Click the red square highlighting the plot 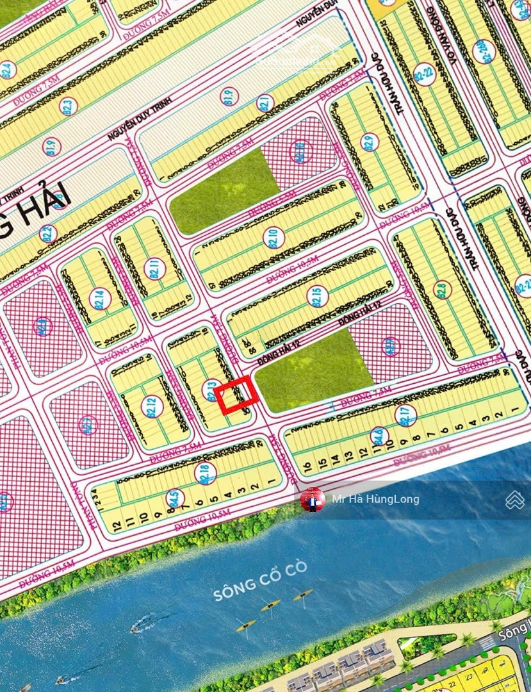point(236,395)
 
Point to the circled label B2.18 point(205,473)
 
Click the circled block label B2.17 point(405,415)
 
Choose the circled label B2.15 point(317,296)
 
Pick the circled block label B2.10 point(274,238)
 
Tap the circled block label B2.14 point(100,299)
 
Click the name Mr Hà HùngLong point(375,499)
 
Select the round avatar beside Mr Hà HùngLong point(313,500)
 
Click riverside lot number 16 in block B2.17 point(307,467)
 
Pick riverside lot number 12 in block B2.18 point(117,525)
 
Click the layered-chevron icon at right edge point(515,500)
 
